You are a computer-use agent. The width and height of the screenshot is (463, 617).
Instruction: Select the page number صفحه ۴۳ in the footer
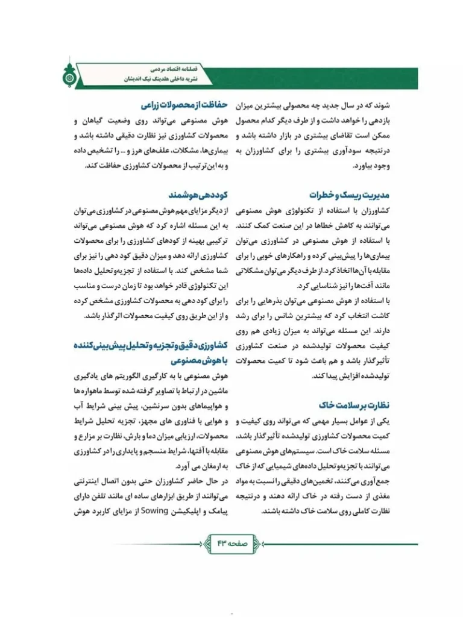tap(231, 542)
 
